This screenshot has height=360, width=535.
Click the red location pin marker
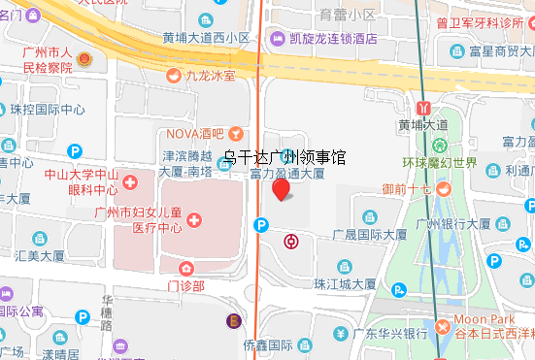click(282, 190)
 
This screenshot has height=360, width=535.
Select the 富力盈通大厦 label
click(286, 175)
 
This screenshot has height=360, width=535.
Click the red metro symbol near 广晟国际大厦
click(290, 239)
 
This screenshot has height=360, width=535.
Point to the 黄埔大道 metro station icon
click(423, 107)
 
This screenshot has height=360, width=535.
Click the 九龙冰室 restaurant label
click(212, 74)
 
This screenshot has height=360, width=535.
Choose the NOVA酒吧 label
click(194, 133)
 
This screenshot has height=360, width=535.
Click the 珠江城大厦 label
click(344, 283)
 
